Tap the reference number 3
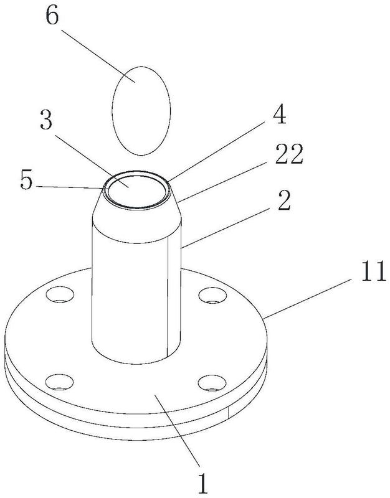pyautogui.click(x=46, y=120)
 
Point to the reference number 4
pyautogui.click(x=279, y=115)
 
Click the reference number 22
pyautogui.click(x=289, y=154)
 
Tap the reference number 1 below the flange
pyautogui.click(x=202, y=482)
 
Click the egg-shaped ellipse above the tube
pyautogui.click(x=141, y=111)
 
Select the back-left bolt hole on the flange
pyautogui.click(x=60, y=294)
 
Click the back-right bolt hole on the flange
pyautogui.click(x=212, y=294)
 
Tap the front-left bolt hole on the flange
pyautogui.click(x=60, y=382)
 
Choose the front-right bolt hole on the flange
pyautogui.click(x=212, y=383)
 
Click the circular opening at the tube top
pyautogui.click(x=137, y=190)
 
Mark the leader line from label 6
pyautogui.click(x=98, y=56)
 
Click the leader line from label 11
pyautogui.click(x=307, y=298)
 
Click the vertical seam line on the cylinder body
pyautogui.click(x=168, y=297)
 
